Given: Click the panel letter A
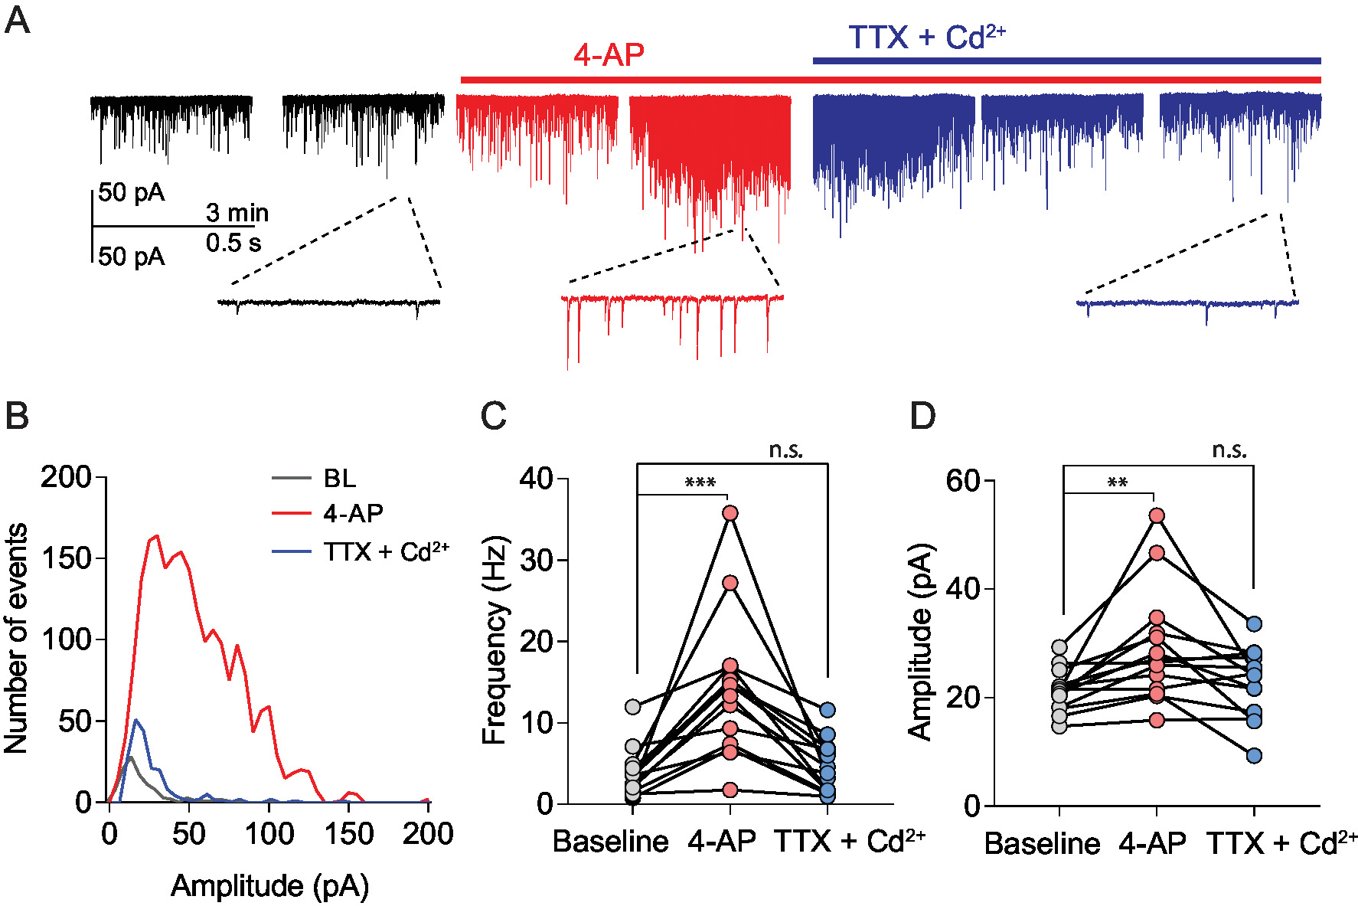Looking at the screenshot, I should tap(18, 21).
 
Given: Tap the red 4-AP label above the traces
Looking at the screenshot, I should tap(609, 55).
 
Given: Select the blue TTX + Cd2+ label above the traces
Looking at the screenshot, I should tap(926, 38).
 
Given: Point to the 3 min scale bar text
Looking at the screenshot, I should tap(237, 213).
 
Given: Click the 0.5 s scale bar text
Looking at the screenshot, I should tap(233, 244).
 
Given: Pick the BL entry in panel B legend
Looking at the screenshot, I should tap(340, 479).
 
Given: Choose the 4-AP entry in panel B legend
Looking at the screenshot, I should tap(353, 513).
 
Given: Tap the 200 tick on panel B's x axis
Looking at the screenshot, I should tap(428, 834).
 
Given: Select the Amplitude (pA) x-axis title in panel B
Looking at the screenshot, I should tap(269, 886).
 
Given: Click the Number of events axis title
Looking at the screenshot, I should tap(16, 639).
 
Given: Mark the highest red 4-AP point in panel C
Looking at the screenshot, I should tap(730, 513).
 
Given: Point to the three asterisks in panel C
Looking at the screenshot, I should tap(700, 483).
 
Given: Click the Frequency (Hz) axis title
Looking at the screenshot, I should tap(495, 639).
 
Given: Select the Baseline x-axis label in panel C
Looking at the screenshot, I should tap(610, 842).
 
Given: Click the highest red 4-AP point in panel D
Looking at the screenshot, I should tap(1157, 516).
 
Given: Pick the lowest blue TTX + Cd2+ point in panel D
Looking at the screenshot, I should tap(1254, 756).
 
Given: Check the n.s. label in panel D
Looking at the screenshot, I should tap(1229, 450).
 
